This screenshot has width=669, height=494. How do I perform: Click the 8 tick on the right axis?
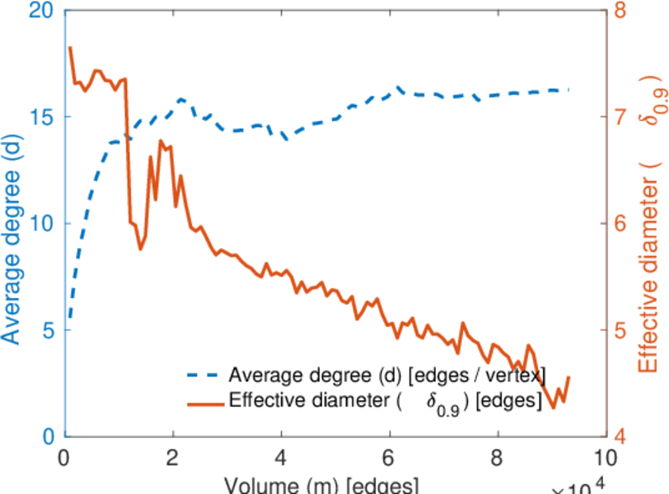click(620, 11)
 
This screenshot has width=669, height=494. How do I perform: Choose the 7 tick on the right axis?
click(620, 117)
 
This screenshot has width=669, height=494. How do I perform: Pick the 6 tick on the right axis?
click(620, 224)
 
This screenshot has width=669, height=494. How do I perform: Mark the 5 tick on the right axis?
click(620, 330)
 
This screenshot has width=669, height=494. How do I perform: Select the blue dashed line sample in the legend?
click(204, 375)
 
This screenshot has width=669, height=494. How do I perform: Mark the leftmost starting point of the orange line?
click(70, 48)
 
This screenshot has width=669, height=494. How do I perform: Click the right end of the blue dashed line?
click(568, 90)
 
